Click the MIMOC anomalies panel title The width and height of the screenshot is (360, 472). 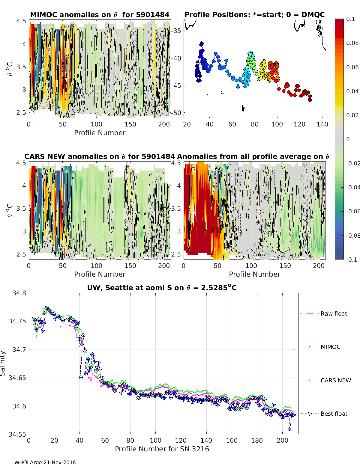pyautogui.click(x=100, y=15)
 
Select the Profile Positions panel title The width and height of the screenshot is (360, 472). pyautogui.click(x=254, y=15)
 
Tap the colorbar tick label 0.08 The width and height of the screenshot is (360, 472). pyautogui.click(x=352, y=43)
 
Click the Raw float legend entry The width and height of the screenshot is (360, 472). pyautogui.click(x=334, y=313)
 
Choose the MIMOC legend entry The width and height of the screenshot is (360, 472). pyautogui.click(x=330, y=347)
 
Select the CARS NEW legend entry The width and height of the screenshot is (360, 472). pyautogui.click(x=335, y=380)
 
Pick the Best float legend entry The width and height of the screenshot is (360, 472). pyautogui.click(x=334, y=414)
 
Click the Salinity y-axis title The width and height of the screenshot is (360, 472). pyautogui.click(x=3, y=363)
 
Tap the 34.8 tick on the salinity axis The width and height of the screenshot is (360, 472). pyautogui.click(x=19, y=293)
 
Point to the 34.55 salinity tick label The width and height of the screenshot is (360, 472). pyautogui.click(x=18, y=434)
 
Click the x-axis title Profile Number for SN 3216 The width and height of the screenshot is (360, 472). pyautogui.click(x=162, y=449)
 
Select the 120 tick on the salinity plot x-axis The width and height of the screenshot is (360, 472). pyautogui.click(x=181, y=441)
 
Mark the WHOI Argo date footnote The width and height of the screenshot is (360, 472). pyautogui.click(x=45, y=462)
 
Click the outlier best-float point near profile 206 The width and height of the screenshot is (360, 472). pyautogui.click(x=290, y=429)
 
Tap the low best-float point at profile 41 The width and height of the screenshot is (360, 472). pyautogui.click(x=81, y=377)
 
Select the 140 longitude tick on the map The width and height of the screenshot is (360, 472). pyautogui.click(x=322, y=124)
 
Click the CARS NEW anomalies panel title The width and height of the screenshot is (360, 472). pyautogui.click(x=100, y=156)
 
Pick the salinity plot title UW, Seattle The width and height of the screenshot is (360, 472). pyautogui.click(x=162, y=288)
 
